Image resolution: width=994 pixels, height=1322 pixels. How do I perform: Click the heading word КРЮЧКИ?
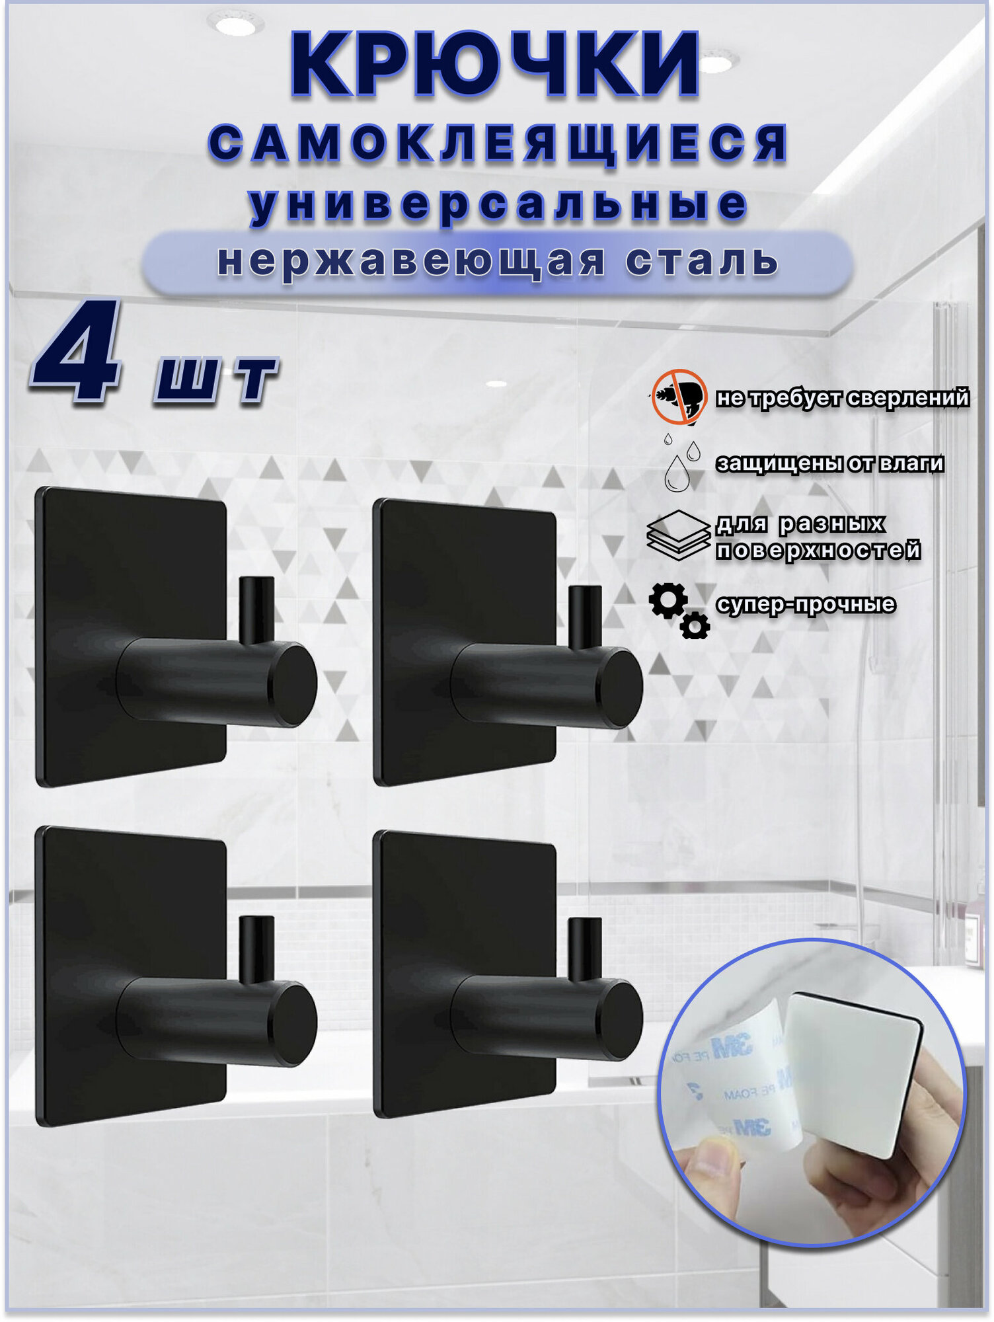click(x=495, y=65)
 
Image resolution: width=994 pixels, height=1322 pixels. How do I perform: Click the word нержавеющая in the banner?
click(x=411, y=261)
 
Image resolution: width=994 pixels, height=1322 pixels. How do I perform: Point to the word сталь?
click(x=703, y=261)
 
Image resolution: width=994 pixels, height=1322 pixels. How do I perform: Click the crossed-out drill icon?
click(x=679, y=397)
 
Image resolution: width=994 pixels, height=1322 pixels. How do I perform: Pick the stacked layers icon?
click(x=679, y=535)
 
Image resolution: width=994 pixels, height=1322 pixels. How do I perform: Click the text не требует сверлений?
click(x=843, y=398)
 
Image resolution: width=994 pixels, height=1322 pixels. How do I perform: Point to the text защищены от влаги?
click(x=830, y=464)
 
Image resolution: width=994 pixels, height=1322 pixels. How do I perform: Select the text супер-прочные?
click(x=806, y=604)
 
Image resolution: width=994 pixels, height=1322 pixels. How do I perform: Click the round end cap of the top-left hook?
click(x=293, y=684)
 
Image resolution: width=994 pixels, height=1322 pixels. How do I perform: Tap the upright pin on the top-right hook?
click(x=585, y=616)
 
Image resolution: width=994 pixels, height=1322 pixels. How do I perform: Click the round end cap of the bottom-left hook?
click(x=293, y=1023)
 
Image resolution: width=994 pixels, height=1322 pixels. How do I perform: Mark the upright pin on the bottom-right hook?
click(x=585, y=949)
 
